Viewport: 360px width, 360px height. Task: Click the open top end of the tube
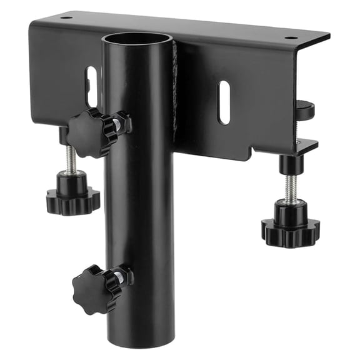point(137,39)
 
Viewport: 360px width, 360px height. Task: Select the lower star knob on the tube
point(94,289)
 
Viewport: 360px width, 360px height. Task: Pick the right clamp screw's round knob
point(291,224)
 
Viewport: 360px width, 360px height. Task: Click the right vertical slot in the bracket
point(224,102)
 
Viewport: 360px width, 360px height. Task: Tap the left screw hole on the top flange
point(66,18)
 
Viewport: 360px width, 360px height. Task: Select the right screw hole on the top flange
point(291,37)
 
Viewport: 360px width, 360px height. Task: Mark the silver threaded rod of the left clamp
point(72,160)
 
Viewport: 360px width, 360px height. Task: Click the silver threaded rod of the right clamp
point(291,187)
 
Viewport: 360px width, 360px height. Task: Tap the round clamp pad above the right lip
point(305,111)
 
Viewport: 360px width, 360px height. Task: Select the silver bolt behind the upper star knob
point(116,124)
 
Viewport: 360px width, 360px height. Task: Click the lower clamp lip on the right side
point(306,147)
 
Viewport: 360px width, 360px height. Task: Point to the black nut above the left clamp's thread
point(64,136)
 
